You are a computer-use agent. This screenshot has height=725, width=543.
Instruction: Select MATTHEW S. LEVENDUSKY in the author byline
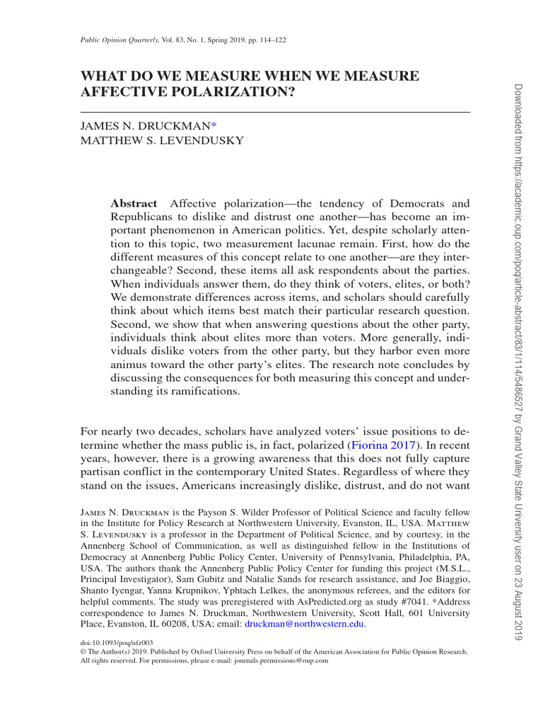[163, 140]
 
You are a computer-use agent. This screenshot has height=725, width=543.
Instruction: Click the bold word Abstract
[134, 204]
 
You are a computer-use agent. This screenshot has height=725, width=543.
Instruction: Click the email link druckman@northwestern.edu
[304, 624]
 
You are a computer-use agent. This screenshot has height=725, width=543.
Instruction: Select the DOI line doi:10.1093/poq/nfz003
[117, 643]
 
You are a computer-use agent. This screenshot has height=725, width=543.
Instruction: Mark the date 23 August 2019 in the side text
[516, 599]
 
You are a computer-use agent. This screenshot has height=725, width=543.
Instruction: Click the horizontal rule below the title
[276, 113]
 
